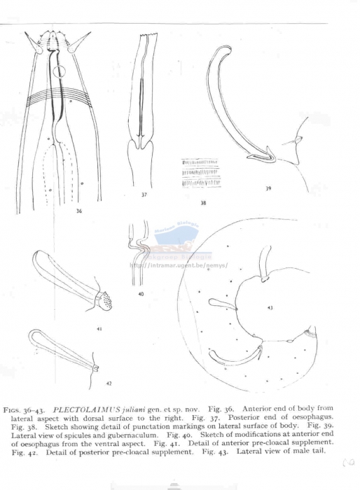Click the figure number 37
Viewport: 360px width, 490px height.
tap(144, 195)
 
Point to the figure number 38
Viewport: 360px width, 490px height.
tap(202, 203)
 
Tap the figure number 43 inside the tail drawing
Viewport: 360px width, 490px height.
tap(270, 308)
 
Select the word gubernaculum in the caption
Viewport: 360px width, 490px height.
tap(123, 434)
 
